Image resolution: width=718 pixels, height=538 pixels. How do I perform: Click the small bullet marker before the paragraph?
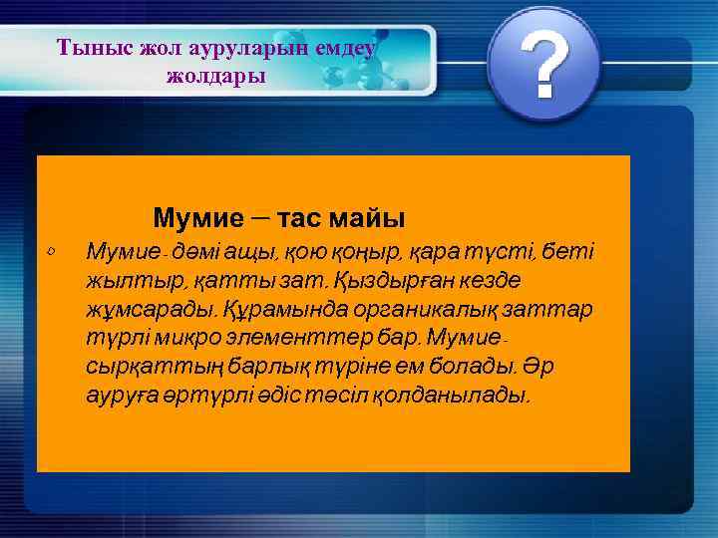point(51,249)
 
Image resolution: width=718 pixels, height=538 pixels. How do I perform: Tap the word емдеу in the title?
point(344,47)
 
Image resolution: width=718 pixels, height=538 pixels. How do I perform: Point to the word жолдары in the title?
point(216,76)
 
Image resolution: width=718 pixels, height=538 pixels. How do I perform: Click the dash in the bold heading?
point(259,215)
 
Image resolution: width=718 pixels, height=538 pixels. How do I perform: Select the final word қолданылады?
point(460,396)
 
